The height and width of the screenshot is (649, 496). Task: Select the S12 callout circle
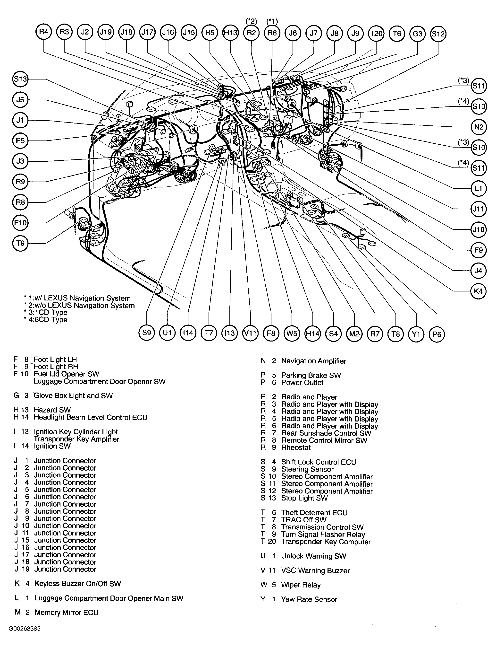(438, 34)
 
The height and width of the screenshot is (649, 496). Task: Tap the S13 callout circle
(20, 79)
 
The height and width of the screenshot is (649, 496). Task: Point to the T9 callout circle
(20, 243)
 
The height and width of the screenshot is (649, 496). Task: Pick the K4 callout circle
(478, 291)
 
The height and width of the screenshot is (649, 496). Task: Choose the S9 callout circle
(147, 333)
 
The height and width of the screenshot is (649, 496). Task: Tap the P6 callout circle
(437, 334)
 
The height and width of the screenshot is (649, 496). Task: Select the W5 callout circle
(292, 333)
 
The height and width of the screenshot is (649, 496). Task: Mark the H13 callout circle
(231, 32)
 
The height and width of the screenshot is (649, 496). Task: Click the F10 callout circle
(20, 223)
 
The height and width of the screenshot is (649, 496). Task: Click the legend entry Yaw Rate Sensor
(309, 599)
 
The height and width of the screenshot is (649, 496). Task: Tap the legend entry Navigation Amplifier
(313, 361)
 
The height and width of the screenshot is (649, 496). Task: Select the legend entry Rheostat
(296, 447)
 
